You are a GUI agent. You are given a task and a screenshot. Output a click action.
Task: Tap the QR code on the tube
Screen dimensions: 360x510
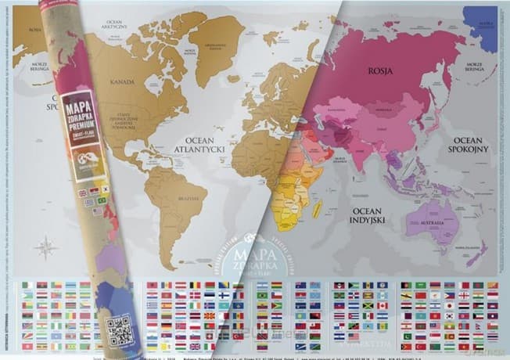pyautogui.click(x=120, y=331)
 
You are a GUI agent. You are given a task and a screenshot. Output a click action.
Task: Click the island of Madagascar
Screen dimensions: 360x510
pyautogui.click(x=318, y=209)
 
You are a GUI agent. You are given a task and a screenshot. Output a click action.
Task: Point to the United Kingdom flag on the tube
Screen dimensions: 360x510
pyautogui.click(x=83, y=193)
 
